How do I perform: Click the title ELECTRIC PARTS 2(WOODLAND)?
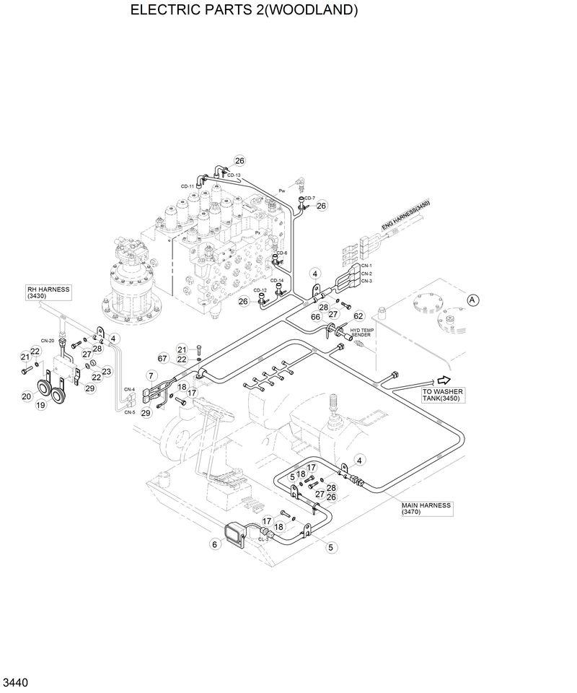[244, 10]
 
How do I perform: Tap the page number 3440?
[16, 682]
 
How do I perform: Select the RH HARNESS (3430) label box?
[48, 292]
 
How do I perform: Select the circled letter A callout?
[473, 299]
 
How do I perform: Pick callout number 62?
[358, 315]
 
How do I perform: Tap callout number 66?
[315, 317]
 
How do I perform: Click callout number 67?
[163, 359]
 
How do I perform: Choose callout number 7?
[151, 375]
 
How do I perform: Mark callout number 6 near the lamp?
[214, 545]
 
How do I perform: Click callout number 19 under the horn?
[41, 406]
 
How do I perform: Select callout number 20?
[26, 396]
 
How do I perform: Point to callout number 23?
[106, 372]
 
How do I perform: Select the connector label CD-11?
[188, 186]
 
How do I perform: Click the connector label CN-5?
[129, 412]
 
